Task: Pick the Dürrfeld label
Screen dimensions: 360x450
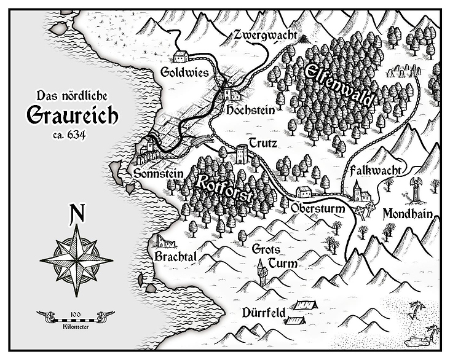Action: click(x=264, y=312)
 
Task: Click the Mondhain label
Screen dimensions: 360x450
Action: click(x=408, y=214)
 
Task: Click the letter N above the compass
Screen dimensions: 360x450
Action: click(x=77, y=213)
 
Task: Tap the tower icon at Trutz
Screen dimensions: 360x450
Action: click(x=242, y=153)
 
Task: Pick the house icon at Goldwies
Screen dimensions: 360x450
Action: click(x=181, y=57)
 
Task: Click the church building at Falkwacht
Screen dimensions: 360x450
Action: click(x=363, y=194)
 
